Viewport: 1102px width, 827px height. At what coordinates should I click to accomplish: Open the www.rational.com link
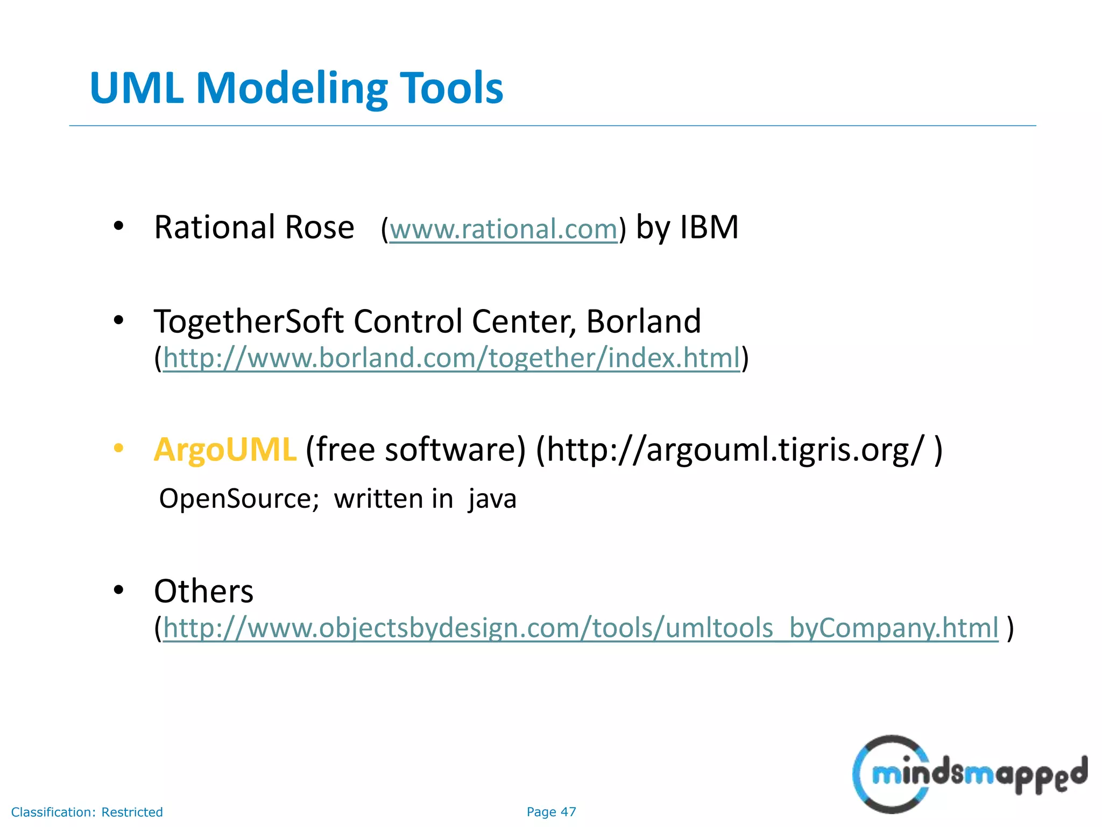(x=503, y=229)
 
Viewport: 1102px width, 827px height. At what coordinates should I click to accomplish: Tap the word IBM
(x=709, y=227)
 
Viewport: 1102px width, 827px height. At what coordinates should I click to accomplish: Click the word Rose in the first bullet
(x=319, y=227)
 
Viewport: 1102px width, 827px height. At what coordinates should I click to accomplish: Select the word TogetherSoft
(x=248, y=321)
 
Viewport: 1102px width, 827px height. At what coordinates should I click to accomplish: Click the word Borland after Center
(x=644, y=321)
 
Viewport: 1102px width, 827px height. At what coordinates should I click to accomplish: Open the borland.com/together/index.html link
(x=451, y=358)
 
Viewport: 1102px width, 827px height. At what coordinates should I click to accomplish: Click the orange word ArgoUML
(x=225, y=450)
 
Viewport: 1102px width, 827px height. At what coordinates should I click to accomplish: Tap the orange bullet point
(x=119, y=448)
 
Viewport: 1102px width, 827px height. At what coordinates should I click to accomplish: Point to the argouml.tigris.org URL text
(x=738, y=450)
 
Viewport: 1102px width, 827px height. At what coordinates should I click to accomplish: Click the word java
(x=492, y=499)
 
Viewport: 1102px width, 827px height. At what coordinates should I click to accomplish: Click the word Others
(x=203, y=591)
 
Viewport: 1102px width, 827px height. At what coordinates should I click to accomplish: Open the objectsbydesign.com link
(x=580, y=628)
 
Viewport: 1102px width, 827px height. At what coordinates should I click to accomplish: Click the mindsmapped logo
(x=969, y=774)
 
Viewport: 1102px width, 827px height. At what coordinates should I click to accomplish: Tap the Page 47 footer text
(x=551, y=812)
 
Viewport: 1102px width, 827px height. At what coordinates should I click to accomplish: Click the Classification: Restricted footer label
(x=87, y=812)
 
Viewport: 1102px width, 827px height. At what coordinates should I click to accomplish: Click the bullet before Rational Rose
(x=119, y=226)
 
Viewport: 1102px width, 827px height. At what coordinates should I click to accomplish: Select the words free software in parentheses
(x=415, y=450)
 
